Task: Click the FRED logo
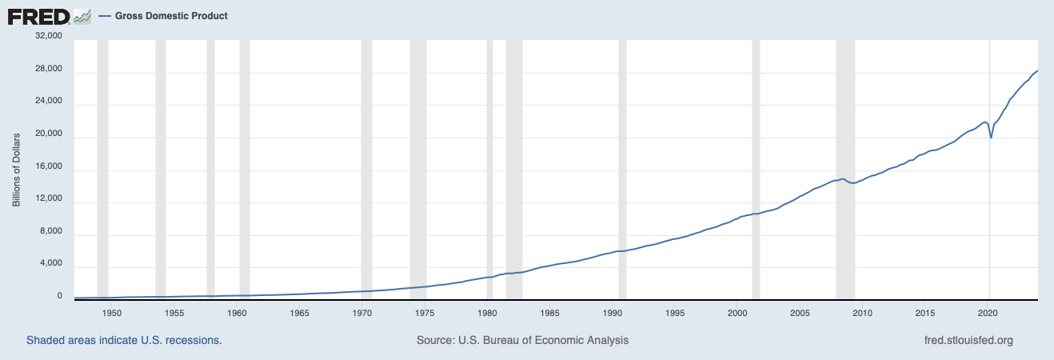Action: (38, 15)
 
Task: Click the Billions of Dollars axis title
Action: (16, 169)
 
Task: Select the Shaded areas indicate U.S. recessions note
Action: (124, 340)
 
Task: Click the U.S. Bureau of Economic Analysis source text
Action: (522, 340)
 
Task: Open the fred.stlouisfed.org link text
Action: (968, 340)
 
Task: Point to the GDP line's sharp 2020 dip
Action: (992, 137)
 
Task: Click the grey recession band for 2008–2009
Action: (845, 160)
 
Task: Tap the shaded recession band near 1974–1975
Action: (417, 160)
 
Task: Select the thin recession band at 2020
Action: (990, 80)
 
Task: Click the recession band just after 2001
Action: (755, 160)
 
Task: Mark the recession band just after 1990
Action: (622, 160)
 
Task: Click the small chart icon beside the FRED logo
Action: (82, 15)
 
